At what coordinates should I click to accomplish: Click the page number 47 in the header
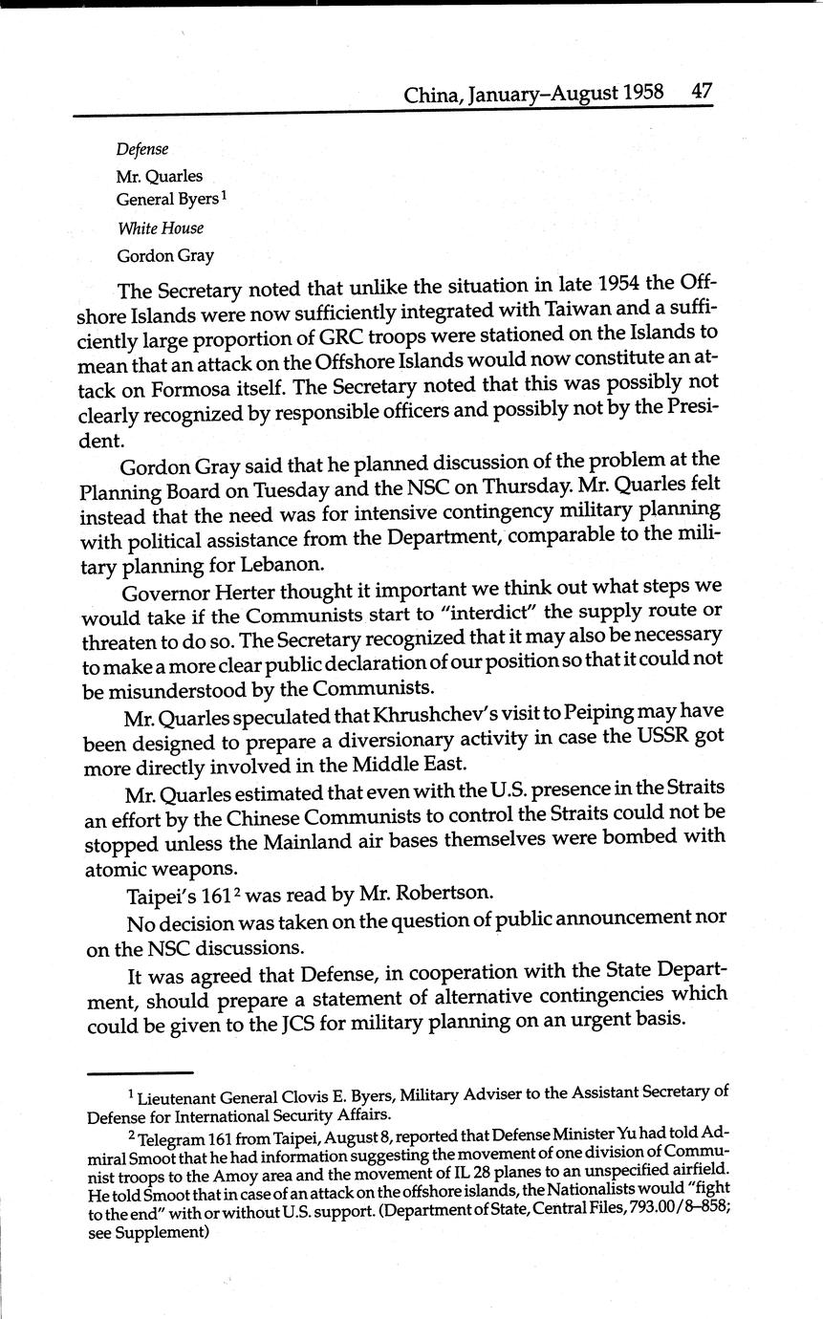coord(702,92)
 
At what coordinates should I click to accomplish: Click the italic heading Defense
coord(142,149)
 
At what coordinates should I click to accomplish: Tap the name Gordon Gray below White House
coord(165,256)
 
